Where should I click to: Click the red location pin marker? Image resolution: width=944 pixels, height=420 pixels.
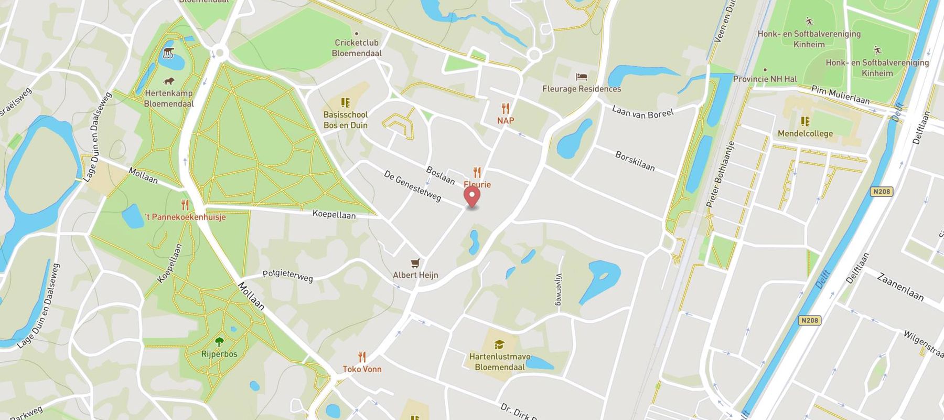pos(473,197)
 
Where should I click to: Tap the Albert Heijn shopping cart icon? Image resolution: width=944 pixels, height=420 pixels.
pos(415,263)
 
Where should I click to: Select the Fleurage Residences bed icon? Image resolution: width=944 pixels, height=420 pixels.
pos(581,77)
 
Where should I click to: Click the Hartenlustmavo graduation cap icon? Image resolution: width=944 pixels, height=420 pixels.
pos(499,344)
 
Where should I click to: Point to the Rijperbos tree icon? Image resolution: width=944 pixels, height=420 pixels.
pos(219,342)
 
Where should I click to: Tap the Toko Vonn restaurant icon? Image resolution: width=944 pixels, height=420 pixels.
pos(362,357)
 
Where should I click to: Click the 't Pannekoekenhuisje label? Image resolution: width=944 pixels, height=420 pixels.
pos(185,216)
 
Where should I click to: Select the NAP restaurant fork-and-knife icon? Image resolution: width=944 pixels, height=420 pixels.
pos(506,109)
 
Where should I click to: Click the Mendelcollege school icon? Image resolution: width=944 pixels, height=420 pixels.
pos(805,121)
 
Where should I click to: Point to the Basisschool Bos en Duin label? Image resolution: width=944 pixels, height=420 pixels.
pos(345,120)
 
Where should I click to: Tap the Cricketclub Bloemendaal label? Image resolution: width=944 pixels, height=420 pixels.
pos(357,48)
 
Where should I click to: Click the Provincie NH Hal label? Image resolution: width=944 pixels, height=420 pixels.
pos(765,79)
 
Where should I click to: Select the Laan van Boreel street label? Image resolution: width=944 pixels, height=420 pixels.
pos(642,112)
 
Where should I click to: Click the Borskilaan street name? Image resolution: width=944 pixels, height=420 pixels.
pos(635,161)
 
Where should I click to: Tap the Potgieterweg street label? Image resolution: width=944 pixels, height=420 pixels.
pos(287,275)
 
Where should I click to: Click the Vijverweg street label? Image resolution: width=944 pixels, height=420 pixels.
pos(559,289)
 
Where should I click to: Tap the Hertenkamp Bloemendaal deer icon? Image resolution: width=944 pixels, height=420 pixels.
pos(169,81)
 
